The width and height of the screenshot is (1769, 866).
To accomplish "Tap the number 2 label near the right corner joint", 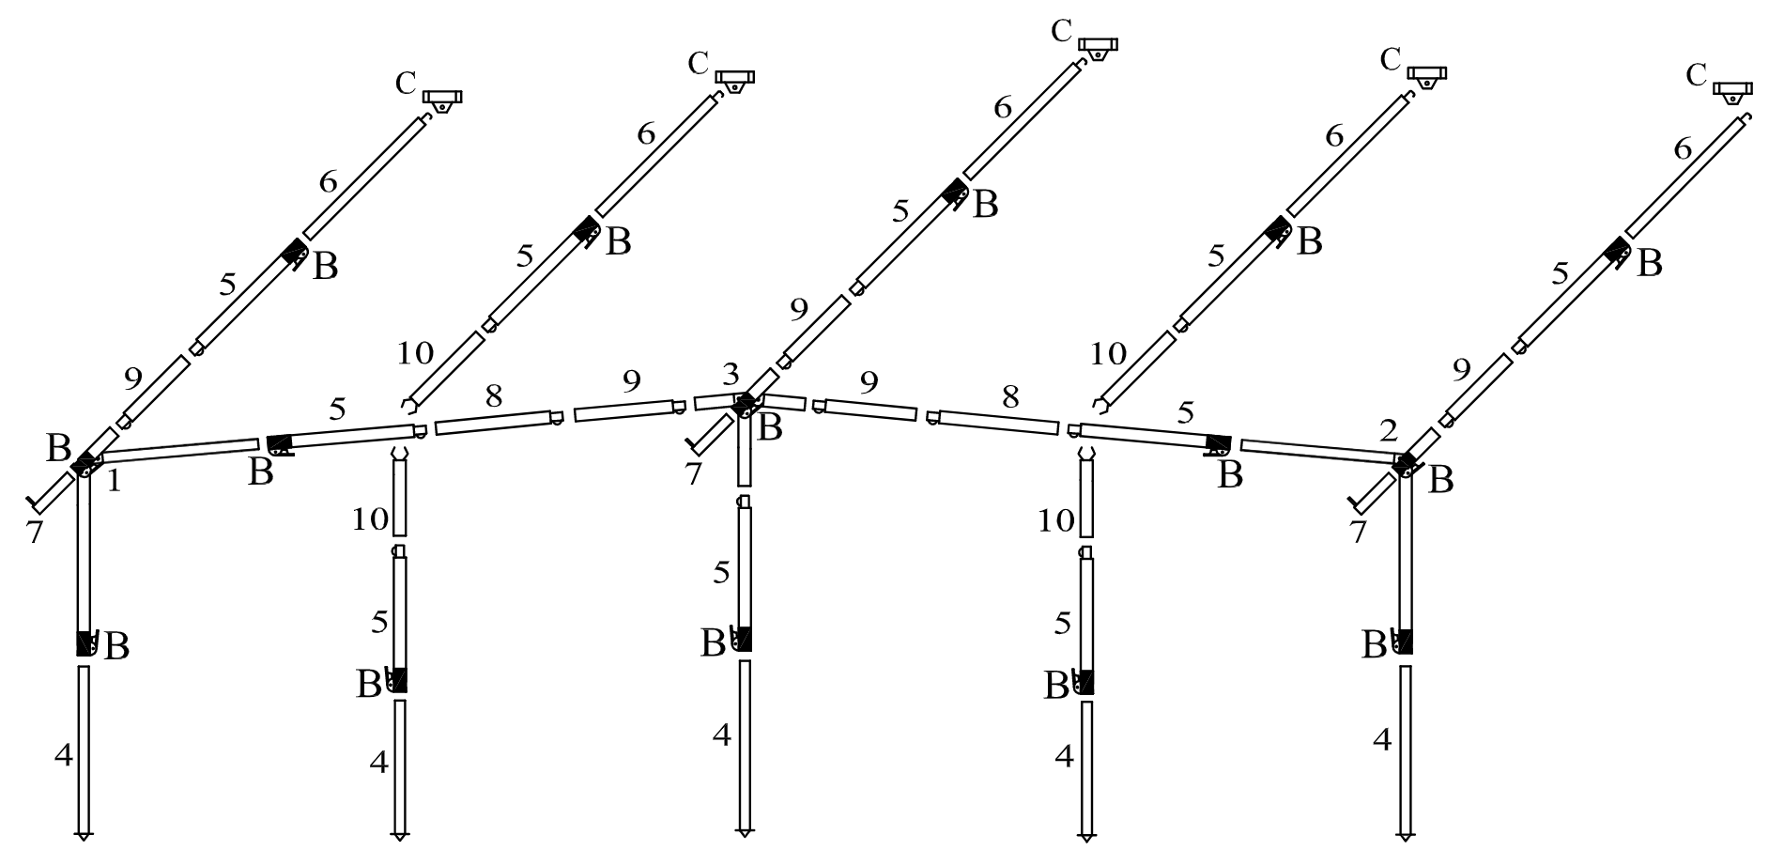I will click(x=1389, y=431).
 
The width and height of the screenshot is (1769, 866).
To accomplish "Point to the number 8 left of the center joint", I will click(x=493, y=395).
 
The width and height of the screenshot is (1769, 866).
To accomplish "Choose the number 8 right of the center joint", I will click(x=1009, y=396).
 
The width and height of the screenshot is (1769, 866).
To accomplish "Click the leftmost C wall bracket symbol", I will click(x=442, y=99).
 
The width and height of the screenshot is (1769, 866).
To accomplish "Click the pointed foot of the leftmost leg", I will click(x=84, y=833).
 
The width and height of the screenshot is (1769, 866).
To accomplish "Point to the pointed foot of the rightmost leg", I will click(x=1406, y=833).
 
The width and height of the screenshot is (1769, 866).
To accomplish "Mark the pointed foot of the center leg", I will click(x=745, y=832).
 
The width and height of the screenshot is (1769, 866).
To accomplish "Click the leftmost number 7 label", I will click(x=35, y=533).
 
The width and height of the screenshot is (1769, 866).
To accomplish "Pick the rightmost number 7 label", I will click(x=1358, y=532).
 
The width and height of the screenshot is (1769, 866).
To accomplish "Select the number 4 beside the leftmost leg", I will click(x=63, y=754).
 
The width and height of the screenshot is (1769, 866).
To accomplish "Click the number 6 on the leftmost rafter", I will click(x=328, y=182).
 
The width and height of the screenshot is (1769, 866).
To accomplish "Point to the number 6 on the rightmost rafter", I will click(x=1683, y=149).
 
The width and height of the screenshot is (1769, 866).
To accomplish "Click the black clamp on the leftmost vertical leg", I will click(x=85, y=643).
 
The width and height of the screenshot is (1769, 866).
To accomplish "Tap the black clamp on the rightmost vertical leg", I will click(x=1405, y=642).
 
